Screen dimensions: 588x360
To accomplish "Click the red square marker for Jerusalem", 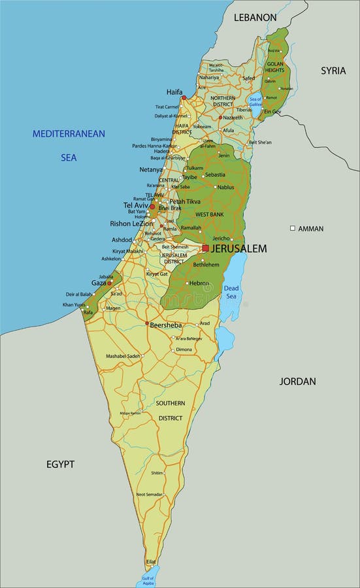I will [x=205, y=248].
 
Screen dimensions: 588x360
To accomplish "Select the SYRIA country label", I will [x=333, y=71].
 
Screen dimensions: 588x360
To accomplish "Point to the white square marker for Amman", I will [x=293, y=229].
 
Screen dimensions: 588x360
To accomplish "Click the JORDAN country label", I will [x=297, y=381].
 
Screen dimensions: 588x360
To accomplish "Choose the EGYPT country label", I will [x=60, y=464].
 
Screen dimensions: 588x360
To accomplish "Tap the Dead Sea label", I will [x=232, y=292].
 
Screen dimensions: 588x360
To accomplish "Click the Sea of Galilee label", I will [x=255, y=101].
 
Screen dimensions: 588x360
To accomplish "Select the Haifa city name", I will [x=174, y=92].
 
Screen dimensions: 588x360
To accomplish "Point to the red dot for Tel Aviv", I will [x=152, y=206].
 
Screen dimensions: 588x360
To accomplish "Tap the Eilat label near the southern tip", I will [x=151, y=561].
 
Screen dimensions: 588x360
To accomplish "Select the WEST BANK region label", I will [x=209, y=214].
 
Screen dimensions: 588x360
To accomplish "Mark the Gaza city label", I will [x=98, y=283].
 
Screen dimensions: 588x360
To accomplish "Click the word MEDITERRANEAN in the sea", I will [x=69, y=133].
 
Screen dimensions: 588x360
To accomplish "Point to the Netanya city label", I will [x=151, y=169].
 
